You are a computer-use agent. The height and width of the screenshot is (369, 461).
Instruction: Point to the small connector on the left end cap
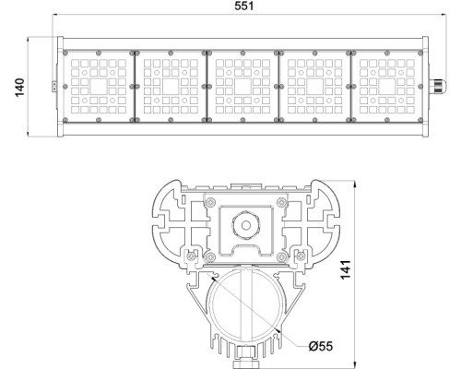[x=54, y=85]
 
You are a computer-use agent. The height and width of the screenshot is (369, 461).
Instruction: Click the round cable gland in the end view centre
[x=244, y=224]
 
